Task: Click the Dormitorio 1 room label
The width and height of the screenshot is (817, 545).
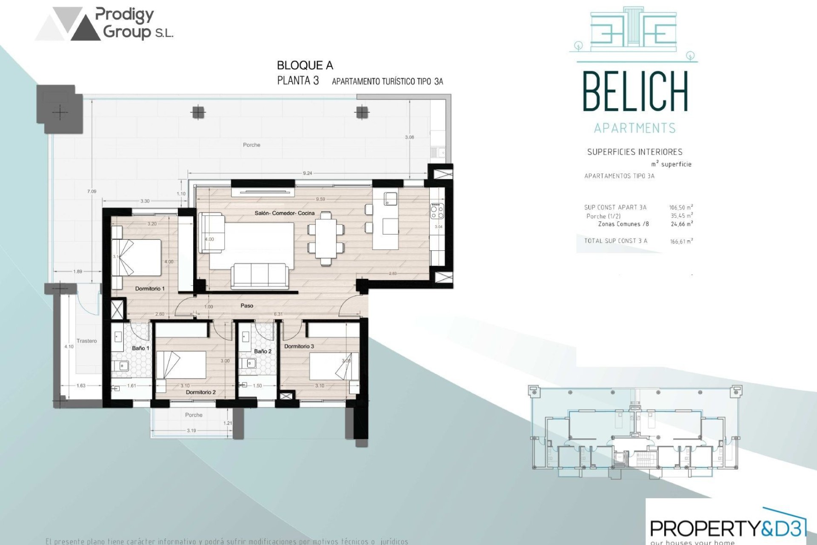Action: [149, 289]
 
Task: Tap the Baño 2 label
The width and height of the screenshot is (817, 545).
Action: [263, 351]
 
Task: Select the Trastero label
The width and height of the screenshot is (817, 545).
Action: [86, 341]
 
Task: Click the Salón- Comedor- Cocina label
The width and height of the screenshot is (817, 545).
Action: [284, 213]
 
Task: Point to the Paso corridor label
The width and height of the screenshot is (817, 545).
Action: [247, 306]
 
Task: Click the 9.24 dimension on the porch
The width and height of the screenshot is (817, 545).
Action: [307, 173]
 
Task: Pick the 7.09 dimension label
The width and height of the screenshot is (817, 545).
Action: [92, 192]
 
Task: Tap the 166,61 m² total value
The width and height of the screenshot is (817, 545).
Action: [681, 241]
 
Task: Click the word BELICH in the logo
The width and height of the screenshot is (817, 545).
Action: [635, 92]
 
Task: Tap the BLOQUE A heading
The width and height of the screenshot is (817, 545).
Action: [305, 66]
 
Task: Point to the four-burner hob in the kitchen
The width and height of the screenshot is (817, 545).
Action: [437, 211]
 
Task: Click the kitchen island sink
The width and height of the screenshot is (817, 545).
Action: [391, 198]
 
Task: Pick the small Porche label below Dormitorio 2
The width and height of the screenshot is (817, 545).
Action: [194, 415]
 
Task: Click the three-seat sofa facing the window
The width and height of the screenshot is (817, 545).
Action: [259, 275]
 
